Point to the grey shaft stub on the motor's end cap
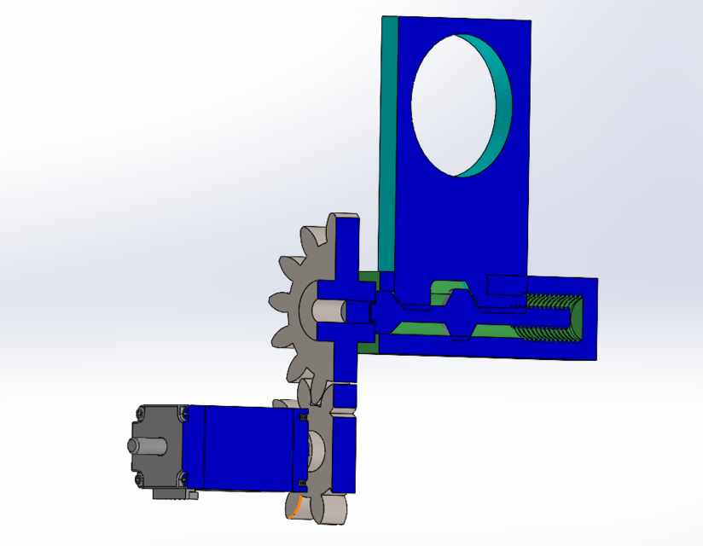pyautogui.click(x=139, y=445)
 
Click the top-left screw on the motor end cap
pyautogui.click(x=138, y=416)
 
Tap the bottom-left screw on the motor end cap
pyautogui.click(x=137, y=479)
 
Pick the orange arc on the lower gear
pyautogui.click(x=294, y=509)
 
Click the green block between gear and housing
pyautogui.click(x=368, y=311)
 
